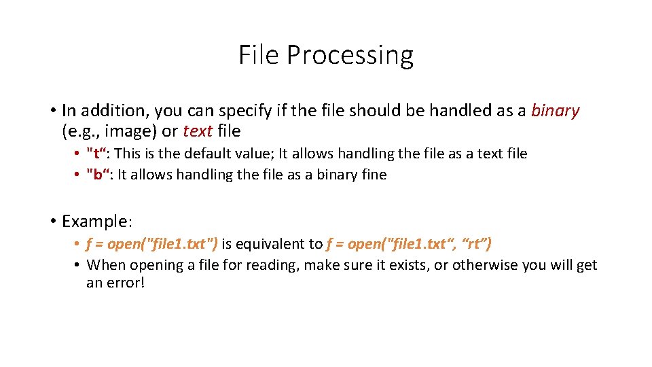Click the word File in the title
tap(259, 54)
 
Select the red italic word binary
tap(555, 110)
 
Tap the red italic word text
tap(199, 130)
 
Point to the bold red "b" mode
tap(99, 175)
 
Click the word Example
tap(96, 221)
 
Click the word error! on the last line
tap(127, 281)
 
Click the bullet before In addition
tap(52, 110)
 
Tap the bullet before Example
tap(52, 221)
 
